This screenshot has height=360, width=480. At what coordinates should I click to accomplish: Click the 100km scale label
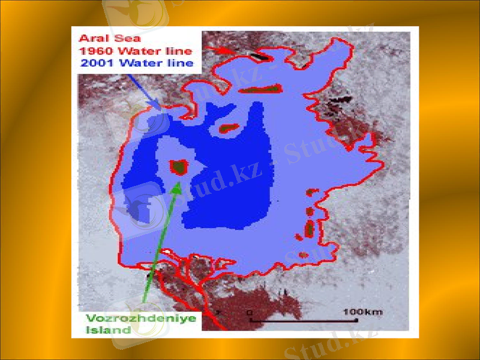pyautogui.click(x=362, y=312)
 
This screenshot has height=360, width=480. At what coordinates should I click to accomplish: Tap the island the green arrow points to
pyautogui.click(x=179, y=166)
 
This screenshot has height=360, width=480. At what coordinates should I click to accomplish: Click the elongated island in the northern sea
pyautogui.click(x=260, y=89)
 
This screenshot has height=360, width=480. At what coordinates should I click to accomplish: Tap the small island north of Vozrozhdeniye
pyautogui.click(x=227, y=128)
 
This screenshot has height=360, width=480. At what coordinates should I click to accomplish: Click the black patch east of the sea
pyautogui.click(x=340, y=100)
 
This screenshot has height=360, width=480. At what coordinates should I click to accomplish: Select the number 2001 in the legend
pyautogui.click(x=95, y=63)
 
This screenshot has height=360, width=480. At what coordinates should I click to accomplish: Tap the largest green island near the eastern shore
pyautogui.click(x=310, y=228)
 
